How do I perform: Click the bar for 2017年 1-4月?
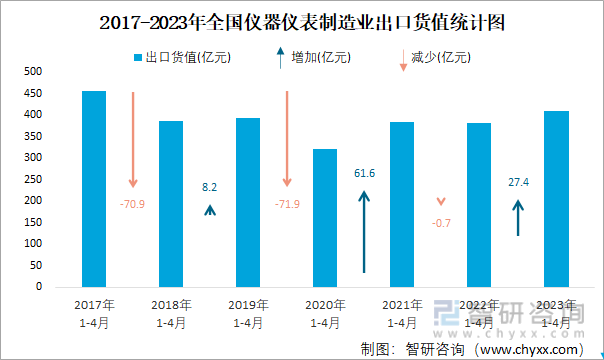tap(94, 189)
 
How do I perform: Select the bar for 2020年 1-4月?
tap(325, 218)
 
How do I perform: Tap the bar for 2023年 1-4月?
tap(556, 199)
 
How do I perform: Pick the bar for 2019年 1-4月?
tap(248, 202)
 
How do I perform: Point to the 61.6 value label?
tap(364, 173)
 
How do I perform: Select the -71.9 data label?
tap(287, 205)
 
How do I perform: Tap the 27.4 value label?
tap(518, 182)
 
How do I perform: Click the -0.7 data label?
tap(441, 222)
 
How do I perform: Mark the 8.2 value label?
tap(210, 187)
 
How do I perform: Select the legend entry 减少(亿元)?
tap(440, 58)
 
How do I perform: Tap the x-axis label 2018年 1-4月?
tap(171, 313)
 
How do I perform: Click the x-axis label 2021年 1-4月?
tap(402, 313)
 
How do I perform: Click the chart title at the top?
tap(302, 21)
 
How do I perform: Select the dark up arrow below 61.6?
tap(364, 231)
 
